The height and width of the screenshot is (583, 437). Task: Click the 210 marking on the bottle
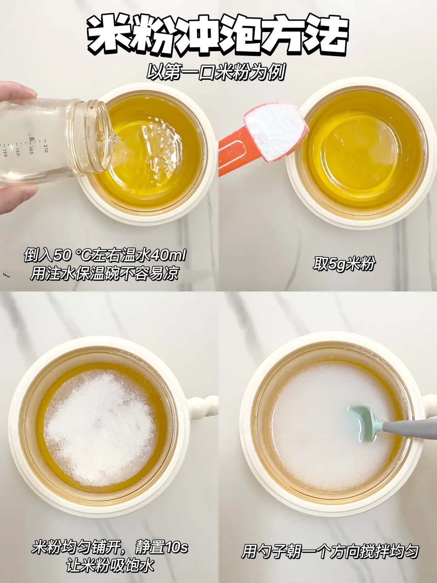(x=45, y=146)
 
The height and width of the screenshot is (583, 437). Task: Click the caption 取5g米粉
(x=344, y=264)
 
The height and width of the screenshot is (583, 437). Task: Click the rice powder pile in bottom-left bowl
(x=99, y=429)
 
